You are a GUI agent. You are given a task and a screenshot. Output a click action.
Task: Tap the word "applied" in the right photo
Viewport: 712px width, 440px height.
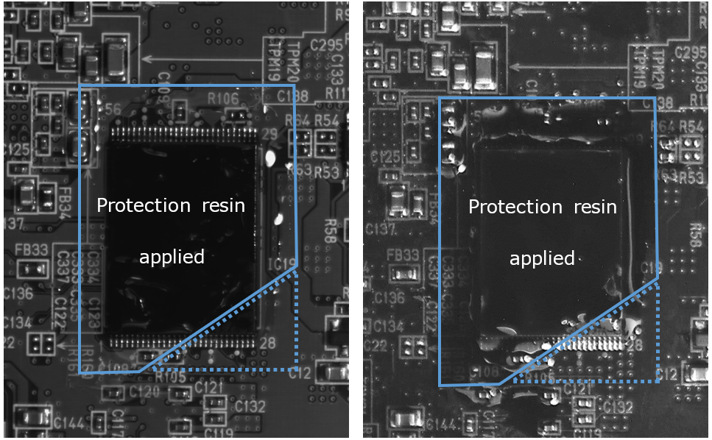(542, 258)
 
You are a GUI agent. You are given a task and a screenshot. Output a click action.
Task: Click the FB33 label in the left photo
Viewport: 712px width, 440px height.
(31, 249)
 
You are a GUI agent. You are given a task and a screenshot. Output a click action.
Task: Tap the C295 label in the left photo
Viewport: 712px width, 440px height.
(326, 44)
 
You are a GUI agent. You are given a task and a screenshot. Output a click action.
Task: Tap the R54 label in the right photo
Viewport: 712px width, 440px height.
(691, 127)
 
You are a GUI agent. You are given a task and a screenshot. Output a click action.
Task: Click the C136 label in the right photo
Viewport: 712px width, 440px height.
(388, 299)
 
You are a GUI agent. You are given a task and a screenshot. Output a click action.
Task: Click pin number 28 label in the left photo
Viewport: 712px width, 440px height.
(267, 343)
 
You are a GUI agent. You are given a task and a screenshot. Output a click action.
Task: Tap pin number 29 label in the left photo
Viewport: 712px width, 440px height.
(269, 134)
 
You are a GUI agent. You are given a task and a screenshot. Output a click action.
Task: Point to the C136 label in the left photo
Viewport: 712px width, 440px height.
(18, 294)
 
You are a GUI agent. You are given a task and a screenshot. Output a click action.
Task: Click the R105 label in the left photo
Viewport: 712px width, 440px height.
(171, 377)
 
